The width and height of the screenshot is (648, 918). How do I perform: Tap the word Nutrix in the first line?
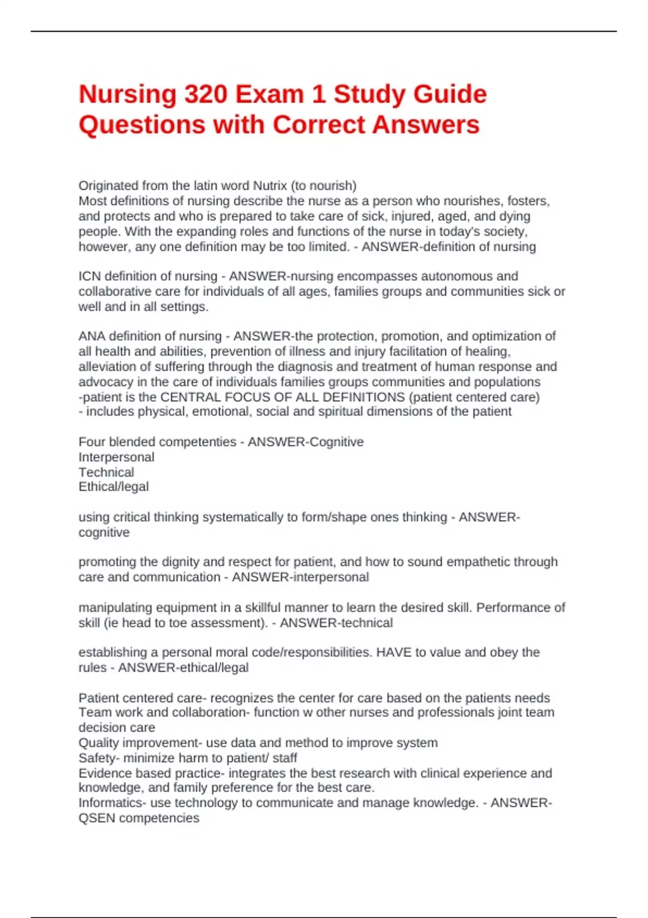[x=270, y=186]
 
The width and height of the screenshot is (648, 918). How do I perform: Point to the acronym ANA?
[x=91, y=336]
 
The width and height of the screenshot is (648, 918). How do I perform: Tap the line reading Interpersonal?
[x=116, y=457]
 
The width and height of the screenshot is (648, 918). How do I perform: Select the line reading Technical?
[x=106, y=473]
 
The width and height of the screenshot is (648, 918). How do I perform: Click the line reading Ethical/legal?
[x=113, y=487]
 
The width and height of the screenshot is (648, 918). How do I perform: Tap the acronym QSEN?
[x=97, y=818]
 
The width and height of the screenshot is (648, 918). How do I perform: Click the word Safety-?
[x=99, y=758]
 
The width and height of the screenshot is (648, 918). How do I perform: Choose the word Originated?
[x=109, y=186]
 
